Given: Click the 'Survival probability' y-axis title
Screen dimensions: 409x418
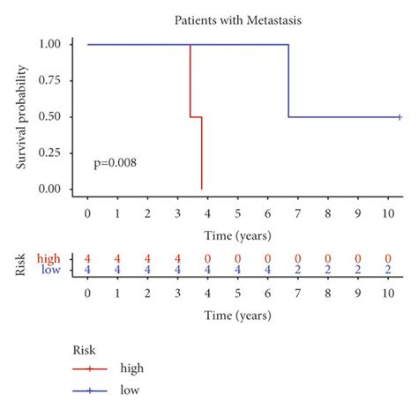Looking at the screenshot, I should pyautogui.click(x=22, y=115).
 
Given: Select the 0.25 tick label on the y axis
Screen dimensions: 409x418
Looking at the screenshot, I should pyautogui.click(x=49, y=153).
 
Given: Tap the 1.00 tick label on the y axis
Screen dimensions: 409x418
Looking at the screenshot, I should pyautogui.click(x=49, y=44).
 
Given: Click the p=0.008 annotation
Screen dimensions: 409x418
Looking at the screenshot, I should pyautogui.click(x=115, y=163).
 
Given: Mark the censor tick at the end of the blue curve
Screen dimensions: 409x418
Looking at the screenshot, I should pyautogui.click(x=399, y=117).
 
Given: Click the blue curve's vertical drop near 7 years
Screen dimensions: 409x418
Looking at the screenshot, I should pyautogui.click(x=288, y=81).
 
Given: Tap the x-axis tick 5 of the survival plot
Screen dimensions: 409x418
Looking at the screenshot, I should pyautogui.click(x=237, y=214).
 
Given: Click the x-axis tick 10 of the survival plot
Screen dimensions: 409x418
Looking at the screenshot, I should pyautogui.click(x=388, y=214).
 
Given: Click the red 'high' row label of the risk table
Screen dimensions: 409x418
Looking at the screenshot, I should pyautogui.click(x=49, y=257).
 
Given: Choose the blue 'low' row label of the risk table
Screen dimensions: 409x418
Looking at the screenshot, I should pyautogui.click(x=50, y=270).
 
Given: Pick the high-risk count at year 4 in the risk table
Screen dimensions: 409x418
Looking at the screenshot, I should pyautogui.click(x=207, y=257).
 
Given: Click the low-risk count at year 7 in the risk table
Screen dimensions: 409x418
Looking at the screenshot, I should pyautogui.click(x=298, y=270).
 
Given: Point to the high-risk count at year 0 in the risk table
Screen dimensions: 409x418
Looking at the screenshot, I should pyautogui.click(x=87, y=257).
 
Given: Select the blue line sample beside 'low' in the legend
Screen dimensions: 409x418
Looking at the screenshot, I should pyautogui.click(x=88, y=389).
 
